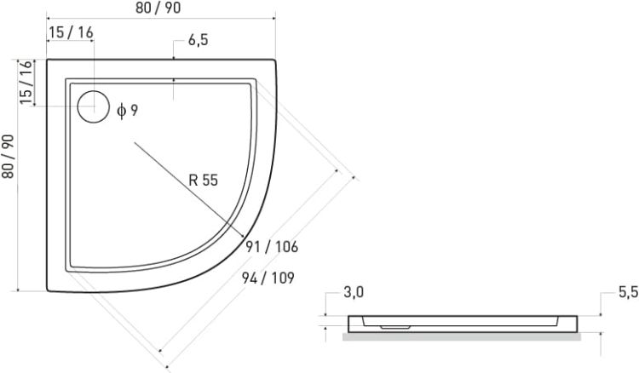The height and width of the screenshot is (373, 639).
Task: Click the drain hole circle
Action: tap(94, 91)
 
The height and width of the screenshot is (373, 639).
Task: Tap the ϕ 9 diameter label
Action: tap(128, 111)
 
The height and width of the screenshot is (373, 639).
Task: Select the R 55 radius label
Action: tap(204, 180)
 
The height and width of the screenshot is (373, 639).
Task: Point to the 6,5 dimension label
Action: tap(198, 40)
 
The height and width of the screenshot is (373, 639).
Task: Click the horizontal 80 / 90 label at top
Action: tap(158, 8)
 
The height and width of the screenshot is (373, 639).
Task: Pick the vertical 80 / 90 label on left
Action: tap(9, 157)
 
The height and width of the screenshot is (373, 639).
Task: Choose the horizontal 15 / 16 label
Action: tap(71, 32)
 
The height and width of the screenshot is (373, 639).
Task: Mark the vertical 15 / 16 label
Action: tap(26, 83)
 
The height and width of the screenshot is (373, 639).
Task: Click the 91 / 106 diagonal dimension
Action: tap(272, 246)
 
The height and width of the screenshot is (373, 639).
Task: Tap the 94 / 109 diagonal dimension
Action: tap(268, 278)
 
